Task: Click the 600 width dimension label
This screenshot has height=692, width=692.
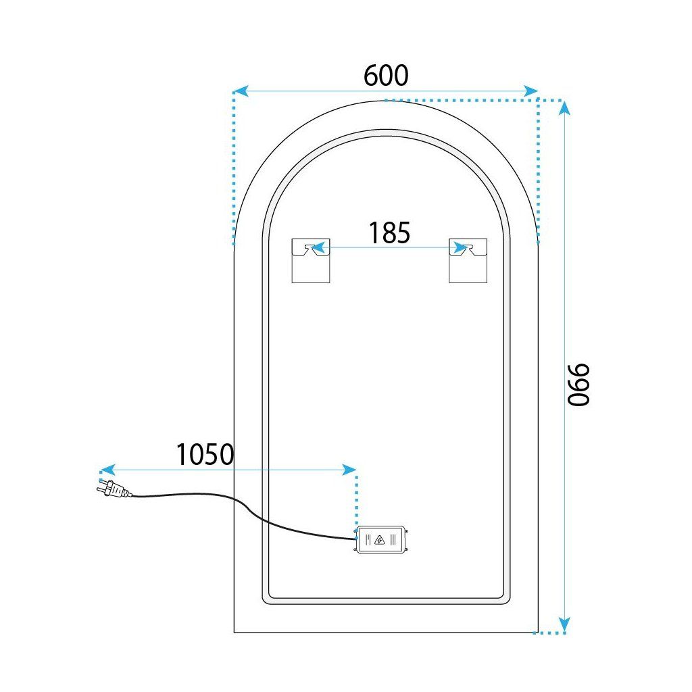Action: [386, 75]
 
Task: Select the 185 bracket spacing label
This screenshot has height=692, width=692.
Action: [389, 232]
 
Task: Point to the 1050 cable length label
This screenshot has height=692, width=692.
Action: [205, 454]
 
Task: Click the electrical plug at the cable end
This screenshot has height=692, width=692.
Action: [113, 490]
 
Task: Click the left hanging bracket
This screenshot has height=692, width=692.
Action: [310, 260]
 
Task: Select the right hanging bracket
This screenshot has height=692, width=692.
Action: [468, 260]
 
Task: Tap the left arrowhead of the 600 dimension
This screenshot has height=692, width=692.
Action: [239, 90]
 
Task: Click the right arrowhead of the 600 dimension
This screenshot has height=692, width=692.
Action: [532, 90]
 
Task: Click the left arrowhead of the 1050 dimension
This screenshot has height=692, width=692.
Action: [105, 469]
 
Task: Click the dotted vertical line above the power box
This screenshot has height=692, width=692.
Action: [356, 500]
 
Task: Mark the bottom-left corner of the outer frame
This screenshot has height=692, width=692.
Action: [234, 632]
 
